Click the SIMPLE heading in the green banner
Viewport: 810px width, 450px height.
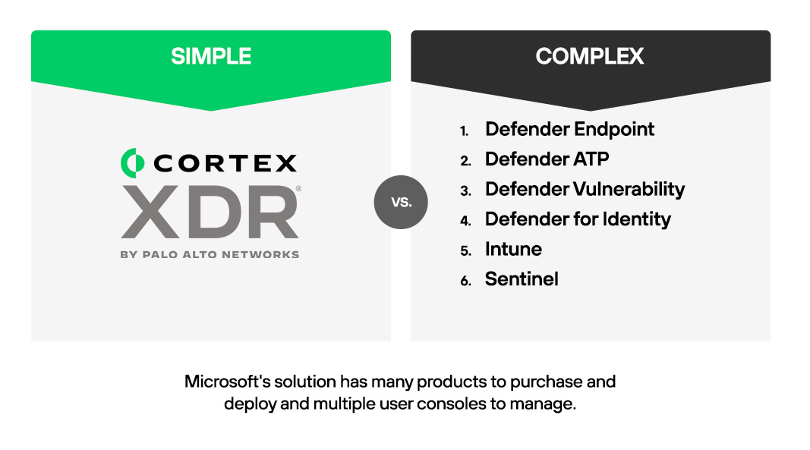[x=211, y=56]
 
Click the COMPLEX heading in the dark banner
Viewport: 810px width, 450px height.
[x=590, y=56]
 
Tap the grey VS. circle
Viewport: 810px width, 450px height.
[x=401, y=202]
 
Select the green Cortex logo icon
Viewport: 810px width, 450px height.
[x=133, y=161]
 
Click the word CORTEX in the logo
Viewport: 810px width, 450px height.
[x=225, y=162]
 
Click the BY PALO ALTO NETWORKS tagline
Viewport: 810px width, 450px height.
[x=210, y=255]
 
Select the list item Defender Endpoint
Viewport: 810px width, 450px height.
[x=569, y=129]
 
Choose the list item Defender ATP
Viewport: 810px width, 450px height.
[x=547, y=159]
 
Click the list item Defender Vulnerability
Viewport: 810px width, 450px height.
[x=585, y=189]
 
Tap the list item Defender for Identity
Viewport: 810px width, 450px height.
[x=578, y=219]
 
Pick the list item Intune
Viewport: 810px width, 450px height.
[x=513, y=249]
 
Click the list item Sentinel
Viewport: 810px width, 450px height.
[x=522, y=279]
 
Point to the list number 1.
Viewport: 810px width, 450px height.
[x=464, y=131]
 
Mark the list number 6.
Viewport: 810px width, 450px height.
[x=465, y=281]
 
